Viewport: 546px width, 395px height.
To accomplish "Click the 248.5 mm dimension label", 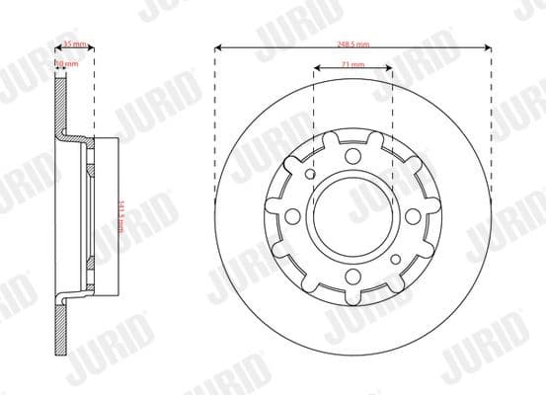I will coord(352,44).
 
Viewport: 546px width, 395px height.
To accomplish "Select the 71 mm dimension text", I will coord(352,65).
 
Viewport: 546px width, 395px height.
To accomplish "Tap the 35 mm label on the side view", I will coord(73,44).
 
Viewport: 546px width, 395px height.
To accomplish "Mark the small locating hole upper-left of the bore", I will coord(311,176).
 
